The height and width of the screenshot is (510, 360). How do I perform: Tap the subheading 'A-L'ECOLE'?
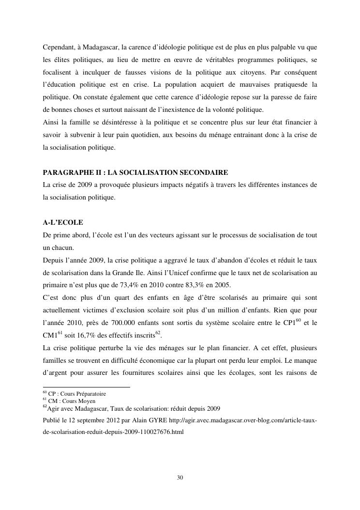pos(63,222)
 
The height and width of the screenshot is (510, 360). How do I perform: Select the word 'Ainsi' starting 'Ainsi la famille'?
pos(51,123)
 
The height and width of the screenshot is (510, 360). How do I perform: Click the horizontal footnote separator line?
pos(87,387)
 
